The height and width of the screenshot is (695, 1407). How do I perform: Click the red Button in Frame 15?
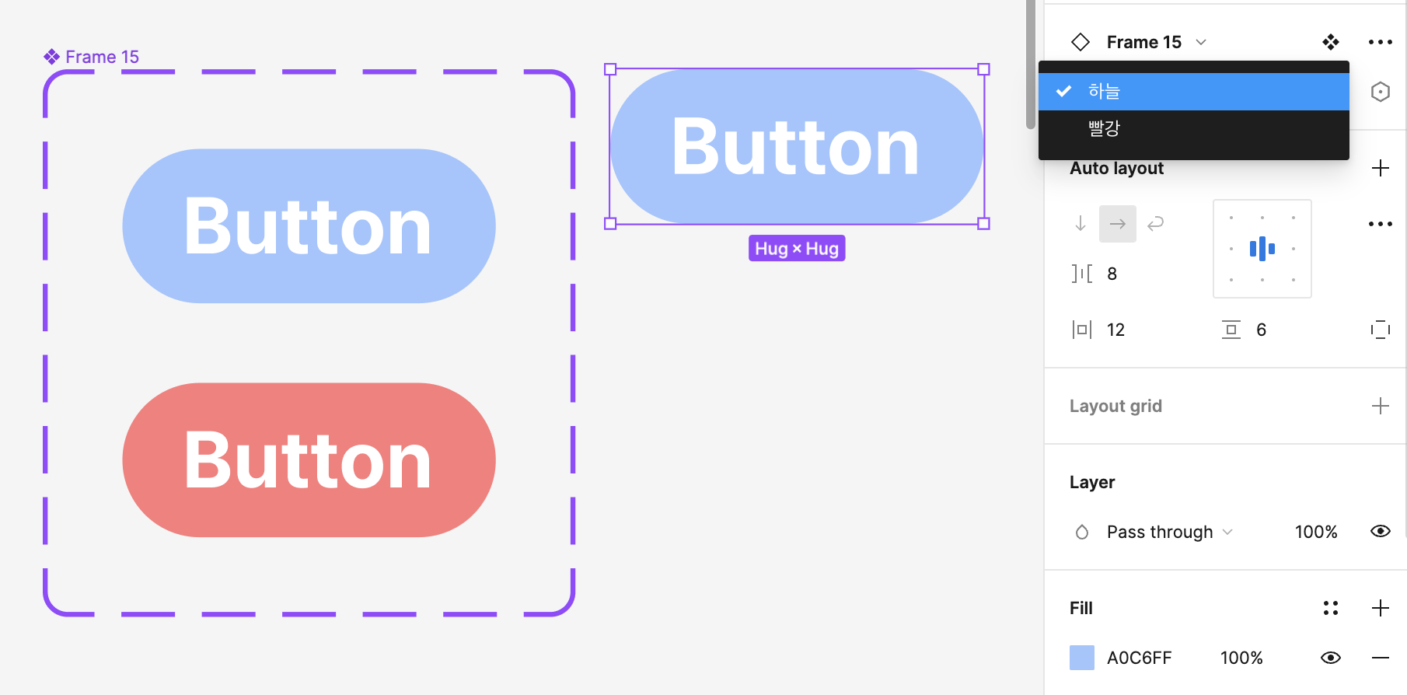click(x=309, y=460)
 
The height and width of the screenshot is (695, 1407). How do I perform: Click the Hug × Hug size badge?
click(x=797, y=249)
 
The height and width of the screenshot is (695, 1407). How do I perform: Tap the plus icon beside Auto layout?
click(x=1380, y=168)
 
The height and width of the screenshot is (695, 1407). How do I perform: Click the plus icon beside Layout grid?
click(x=1380, y=406)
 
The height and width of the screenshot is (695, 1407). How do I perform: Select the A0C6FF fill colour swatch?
click(x=1082, y=658)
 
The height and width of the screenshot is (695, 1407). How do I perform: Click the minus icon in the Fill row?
click(x=1380, y=658)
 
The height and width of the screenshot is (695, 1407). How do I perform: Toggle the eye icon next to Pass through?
click(x=1380, y=531)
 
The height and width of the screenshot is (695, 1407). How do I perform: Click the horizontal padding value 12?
click(x=1115, y=330)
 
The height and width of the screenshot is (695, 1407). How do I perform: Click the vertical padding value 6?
click(x=1261, y=330)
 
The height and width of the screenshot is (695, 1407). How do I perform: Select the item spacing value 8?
click(x=1112, y=274)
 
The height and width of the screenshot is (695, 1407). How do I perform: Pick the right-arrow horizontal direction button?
click(x=1118, y=224)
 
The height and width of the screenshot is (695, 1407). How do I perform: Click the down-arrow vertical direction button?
click(x=1081, y=224)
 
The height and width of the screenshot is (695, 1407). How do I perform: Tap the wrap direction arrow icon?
click(x=1156, y=224)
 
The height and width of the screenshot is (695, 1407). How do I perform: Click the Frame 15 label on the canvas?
click(x=101, y=57)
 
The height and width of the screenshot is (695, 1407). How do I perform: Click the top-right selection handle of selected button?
click(x=983, y=69)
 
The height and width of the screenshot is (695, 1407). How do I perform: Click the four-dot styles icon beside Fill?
click(x=1330, y=608)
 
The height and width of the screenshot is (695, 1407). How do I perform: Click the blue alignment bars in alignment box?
click(x=1262, y=249)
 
